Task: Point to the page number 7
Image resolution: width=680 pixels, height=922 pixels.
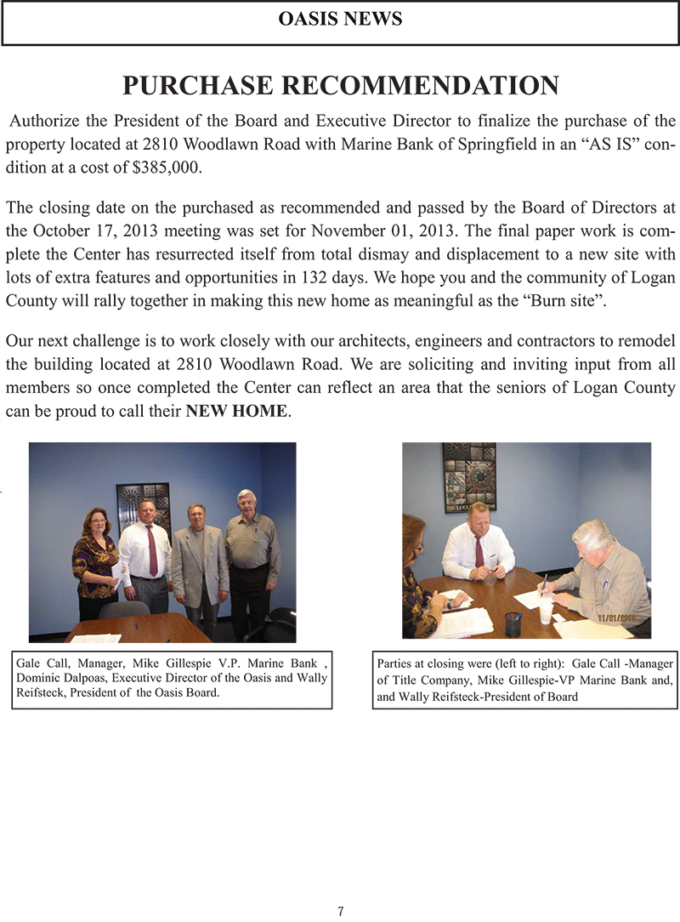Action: click(340, 911)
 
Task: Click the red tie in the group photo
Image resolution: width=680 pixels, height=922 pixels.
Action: click(151, 549)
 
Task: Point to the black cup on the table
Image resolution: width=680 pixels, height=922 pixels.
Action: click(513, 623)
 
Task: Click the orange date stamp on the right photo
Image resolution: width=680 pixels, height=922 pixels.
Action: click(616, 618)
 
